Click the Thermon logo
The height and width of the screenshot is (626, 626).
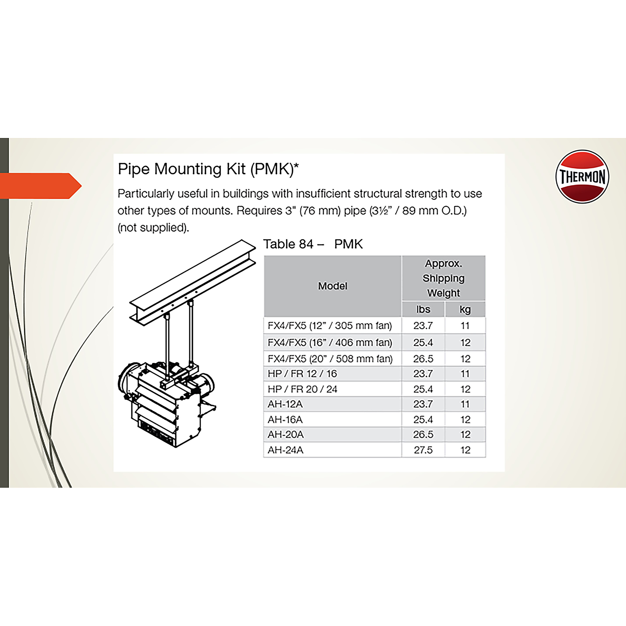pyautogui.click(x=582, y=177)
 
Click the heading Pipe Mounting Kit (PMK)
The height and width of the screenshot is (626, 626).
pyautogui.click(x=208, y=169)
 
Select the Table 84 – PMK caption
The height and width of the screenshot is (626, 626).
pyautogui.click(x=313, y=244)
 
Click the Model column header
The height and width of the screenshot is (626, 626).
pyautogui.click(x=332, y=286)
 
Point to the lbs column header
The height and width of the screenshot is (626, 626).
pyautogui.click(x=423, y=310)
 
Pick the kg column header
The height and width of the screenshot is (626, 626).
pyautogui.click(x=465, y=310)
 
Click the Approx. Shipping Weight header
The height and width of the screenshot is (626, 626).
pyautogui.click(x=443, y=278)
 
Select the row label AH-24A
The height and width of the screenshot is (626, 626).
pyautogui.click(x=285, y=450)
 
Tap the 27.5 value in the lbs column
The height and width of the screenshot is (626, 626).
pyautogui.click(x=423, y=450)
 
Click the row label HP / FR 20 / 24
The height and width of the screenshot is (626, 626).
pyautogui.click(x=302, y=389)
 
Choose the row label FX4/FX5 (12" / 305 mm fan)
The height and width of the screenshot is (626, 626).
pyautogui.click(x=330, y=325)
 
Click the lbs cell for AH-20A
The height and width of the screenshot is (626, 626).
pyautogui.click(x=423, y=434)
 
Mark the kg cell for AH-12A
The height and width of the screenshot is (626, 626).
pyautogui.click(x=465, y=404)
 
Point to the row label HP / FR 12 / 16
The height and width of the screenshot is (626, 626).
pyautogui.click(x=302, y=374)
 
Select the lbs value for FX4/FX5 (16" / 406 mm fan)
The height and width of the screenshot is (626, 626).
pyautogui.click(x=423, y=342)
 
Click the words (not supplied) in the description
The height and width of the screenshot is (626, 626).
pyautogui.click(x=153, y=228)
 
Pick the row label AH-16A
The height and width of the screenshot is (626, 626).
pyautogui.click(x=285, y=420)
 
